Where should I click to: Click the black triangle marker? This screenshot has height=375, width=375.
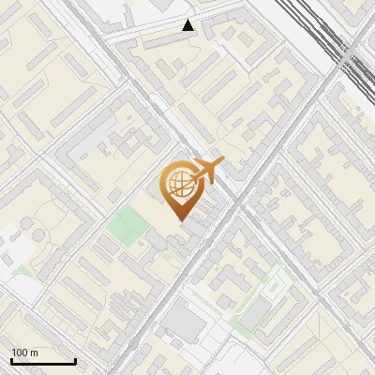[188, 25]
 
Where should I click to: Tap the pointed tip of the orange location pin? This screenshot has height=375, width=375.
[179, 219]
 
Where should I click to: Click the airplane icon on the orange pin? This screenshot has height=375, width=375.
[206, 172]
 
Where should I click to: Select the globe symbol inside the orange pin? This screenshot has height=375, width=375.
[177, 187]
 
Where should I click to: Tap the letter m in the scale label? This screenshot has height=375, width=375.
[35, 352]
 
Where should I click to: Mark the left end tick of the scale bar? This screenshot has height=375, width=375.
[11, 361]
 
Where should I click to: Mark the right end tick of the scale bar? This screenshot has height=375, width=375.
[75, 361]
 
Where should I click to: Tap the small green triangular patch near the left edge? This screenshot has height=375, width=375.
[22, 270]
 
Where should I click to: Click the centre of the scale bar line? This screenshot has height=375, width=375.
[43, 362]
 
